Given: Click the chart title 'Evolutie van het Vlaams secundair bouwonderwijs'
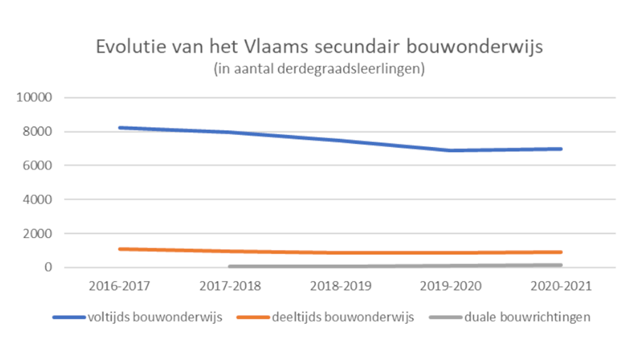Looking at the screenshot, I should click(319, 48).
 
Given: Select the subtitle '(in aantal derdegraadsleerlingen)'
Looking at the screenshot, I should click(319, 70).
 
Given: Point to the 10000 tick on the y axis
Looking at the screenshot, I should click(34, 97).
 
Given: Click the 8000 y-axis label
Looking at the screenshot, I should click(38, 131).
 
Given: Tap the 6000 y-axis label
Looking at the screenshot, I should click(38, 165).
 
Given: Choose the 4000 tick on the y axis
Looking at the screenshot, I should click(38, 200).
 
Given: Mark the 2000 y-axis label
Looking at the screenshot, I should click(38, 234).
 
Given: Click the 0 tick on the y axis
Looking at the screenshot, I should click(48, 268).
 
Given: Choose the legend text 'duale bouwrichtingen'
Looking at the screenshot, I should click(527, 317).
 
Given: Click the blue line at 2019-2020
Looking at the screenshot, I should click(451, 150).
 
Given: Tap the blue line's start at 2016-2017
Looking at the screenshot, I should click(120, 128).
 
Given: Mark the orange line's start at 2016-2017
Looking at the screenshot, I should click(120, 249).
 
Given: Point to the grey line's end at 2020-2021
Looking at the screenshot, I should click(560, 265).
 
